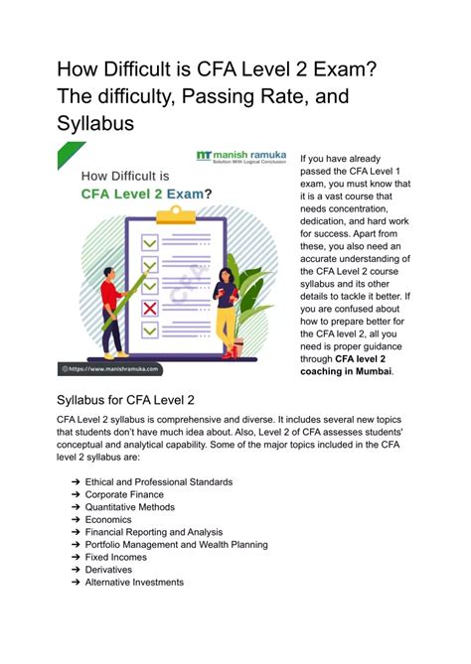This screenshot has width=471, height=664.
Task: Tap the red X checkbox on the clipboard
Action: pyautogui.click(x=149, y=310)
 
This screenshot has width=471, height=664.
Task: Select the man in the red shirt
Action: pyautogui.click(x=112, y=300)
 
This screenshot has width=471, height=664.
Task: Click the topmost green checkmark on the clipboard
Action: pyautogui.click(x=149, y=242)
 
